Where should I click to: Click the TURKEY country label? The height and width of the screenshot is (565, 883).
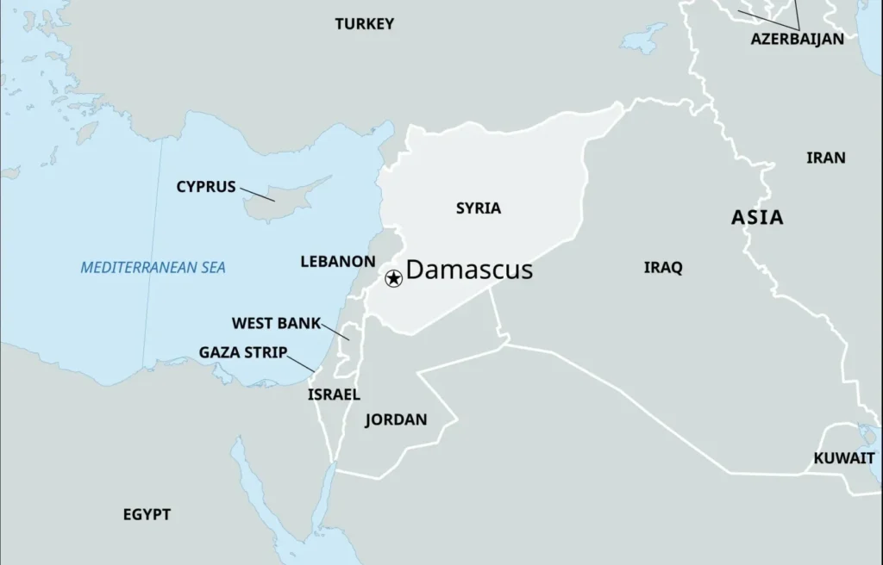364,24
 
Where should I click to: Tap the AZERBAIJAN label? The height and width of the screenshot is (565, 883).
797,39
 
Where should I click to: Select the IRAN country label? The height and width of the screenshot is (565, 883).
825,158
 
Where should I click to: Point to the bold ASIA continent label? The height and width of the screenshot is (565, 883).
757,217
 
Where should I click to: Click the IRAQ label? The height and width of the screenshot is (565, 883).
662,268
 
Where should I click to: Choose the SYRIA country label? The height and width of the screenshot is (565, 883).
478,208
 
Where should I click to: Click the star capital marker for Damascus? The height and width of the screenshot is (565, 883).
393,278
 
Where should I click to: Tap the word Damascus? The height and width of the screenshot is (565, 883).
469,270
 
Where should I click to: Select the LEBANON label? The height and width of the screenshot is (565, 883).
337,261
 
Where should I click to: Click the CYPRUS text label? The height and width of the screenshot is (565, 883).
205,187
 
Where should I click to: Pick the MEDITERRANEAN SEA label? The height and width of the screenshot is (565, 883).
153,268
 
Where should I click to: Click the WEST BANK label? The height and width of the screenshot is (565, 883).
276,324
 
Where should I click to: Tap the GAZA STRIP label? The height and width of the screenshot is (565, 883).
242,352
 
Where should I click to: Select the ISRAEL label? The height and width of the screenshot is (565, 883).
334,394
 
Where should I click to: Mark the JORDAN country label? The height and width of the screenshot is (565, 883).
396,420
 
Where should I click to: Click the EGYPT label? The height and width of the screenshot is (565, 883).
147,514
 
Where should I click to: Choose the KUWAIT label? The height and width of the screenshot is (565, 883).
843,458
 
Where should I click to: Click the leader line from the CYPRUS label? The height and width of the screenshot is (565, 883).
257,194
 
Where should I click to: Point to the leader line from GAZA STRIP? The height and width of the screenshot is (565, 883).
301,364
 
